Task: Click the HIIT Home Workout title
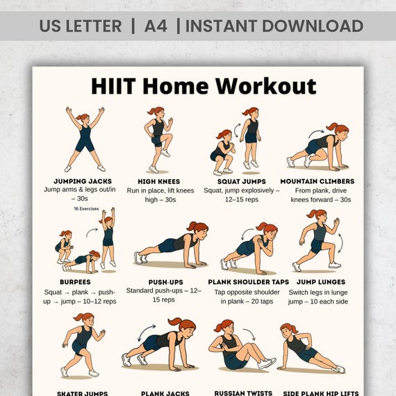tap(204, 86)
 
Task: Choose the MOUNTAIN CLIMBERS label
tap(317, 181)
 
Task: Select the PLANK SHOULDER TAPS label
tap(247, 281)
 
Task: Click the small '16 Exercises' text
tap(87, 208)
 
